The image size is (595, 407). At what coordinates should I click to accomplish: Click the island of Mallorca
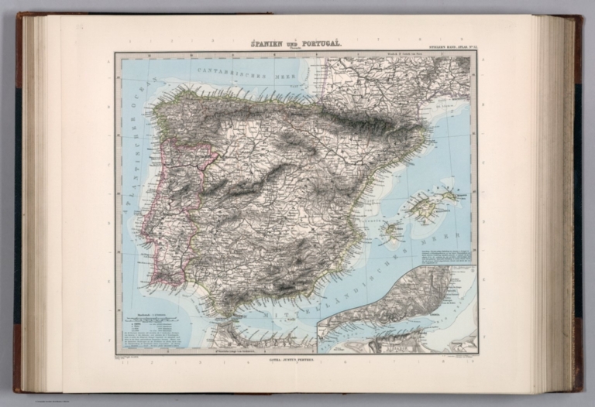428,207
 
